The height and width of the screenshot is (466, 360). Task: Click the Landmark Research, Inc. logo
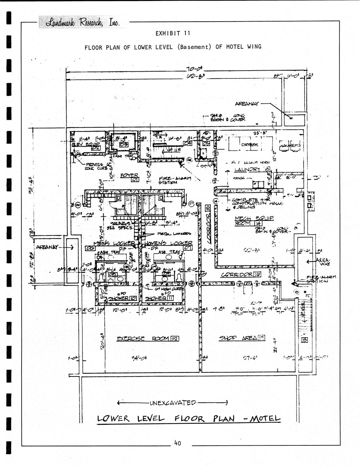(x=80, y=22)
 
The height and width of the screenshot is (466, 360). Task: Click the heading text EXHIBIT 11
(x=173, y=33)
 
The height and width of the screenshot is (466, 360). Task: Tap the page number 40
(x=178, y=443)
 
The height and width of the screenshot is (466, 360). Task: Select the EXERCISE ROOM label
(x=147, y=339)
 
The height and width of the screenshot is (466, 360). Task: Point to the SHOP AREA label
(x=242, y=338)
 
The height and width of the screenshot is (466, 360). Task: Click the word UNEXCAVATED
(x=172, y=403)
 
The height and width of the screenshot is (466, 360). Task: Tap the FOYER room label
(x=130, y=176)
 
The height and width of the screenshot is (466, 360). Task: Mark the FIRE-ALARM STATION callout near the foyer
(x=175, y=180)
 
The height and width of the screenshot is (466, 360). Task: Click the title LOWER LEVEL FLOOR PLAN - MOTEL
(x=188, y=419)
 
